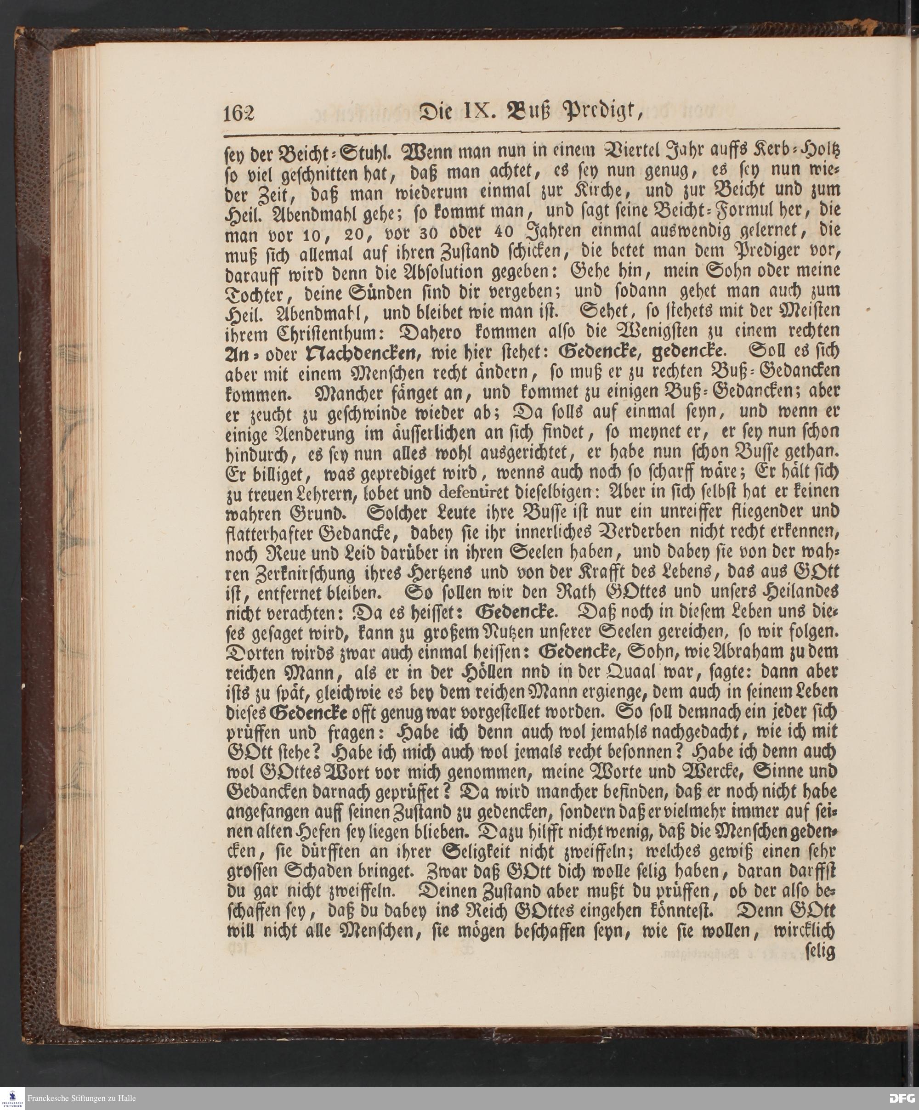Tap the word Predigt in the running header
593,113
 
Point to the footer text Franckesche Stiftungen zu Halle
81,1098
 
